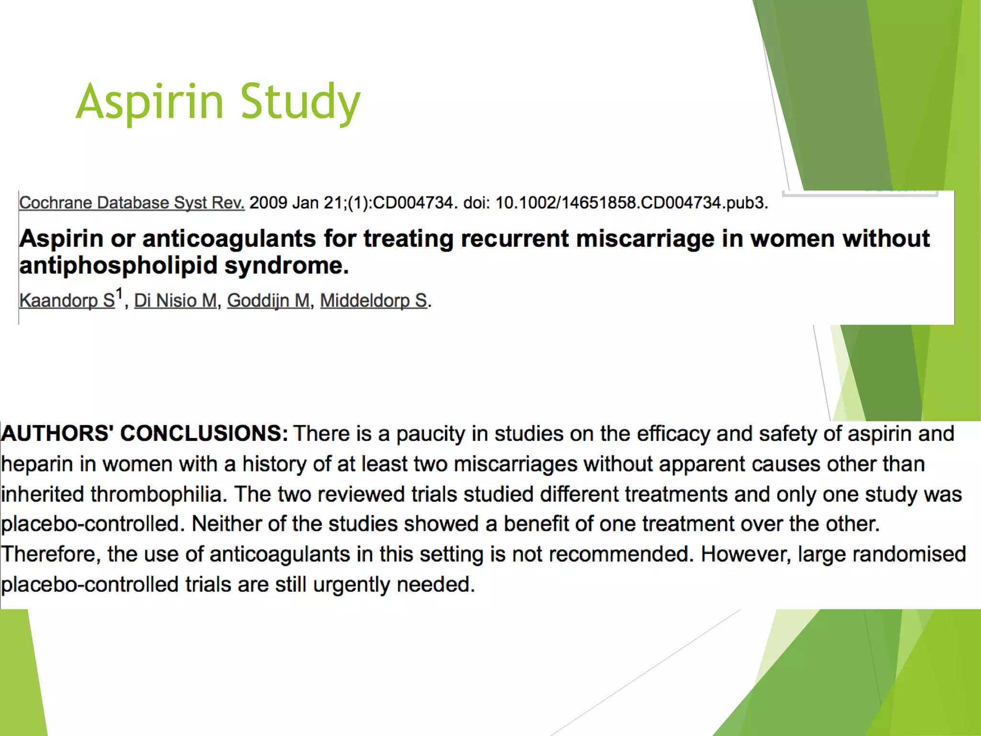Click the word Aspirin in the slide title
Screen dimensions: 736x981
pos(149,102)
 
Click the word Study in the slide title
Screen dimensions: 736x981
pos(300,102)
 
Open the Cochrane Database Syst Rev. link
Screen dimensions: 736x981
pos(132,203)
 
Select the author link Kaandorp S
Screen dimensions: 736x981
pos(67,300)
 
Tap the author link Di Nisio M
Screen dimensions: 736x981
pos(175,300)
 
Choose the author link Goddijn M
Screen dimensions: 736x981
pos(268,300)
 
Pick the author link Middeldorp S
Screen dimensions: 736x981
pos(374,300)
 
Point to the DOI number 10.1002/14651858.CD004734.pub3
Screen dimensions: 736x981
pos(631,203)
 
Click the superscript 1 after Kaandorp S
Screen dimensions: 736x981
pos(120,293)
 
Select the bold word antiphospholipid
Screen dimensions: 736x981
pos(118,266)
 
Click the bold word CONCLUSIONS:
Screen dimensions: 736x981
pos(204,433)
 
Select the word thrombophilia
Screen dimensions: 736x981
pos(159,494)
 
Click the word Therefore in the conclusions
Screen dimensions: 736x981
pos(50,554)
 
